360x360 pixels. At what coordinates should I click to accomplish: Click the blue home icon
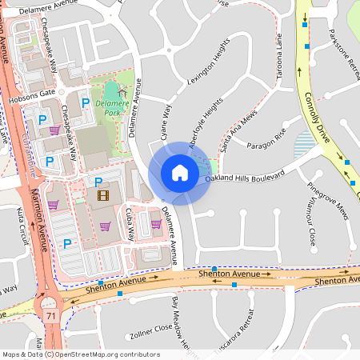pyautogui.click(x=179, y=172)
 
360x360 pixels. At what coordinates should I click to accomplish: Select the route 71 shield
pyautogui.click(x=51, y=317)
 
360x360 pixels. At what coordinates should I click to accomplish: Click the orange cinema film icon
pyautogui.click(x=102, y=194)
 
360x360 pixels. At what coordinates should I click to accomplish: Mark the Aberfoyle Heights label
pyautogui.click(x=204, y=123)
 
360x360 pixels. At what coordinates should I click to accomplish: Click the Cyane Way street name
pyautogui.click(x=166, y=121)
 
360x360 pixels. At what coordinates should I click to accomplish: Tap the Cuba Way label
pyautogui.click(x=129, y=225)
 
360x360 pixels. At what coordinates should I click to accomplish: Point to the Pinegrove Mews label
pyautogui.click(x=329, y=201)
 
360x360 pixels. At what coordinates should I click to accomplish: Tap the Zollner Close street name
pyautogui.click(x=151, y=328)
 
